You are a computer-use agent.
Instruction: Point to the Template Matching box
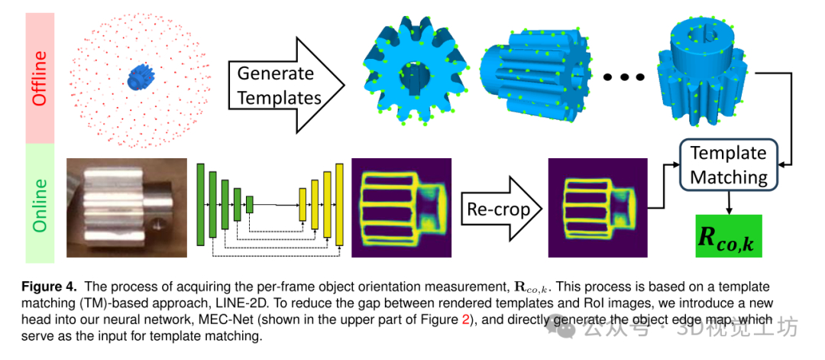pos(728,165)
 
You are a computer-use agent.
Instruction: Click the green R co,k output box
pos(728,235)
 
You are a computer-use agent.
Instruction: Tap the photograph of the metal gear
pos(127,207)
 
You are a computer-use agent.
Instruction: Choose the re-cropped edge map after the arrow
pos(597,208)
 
